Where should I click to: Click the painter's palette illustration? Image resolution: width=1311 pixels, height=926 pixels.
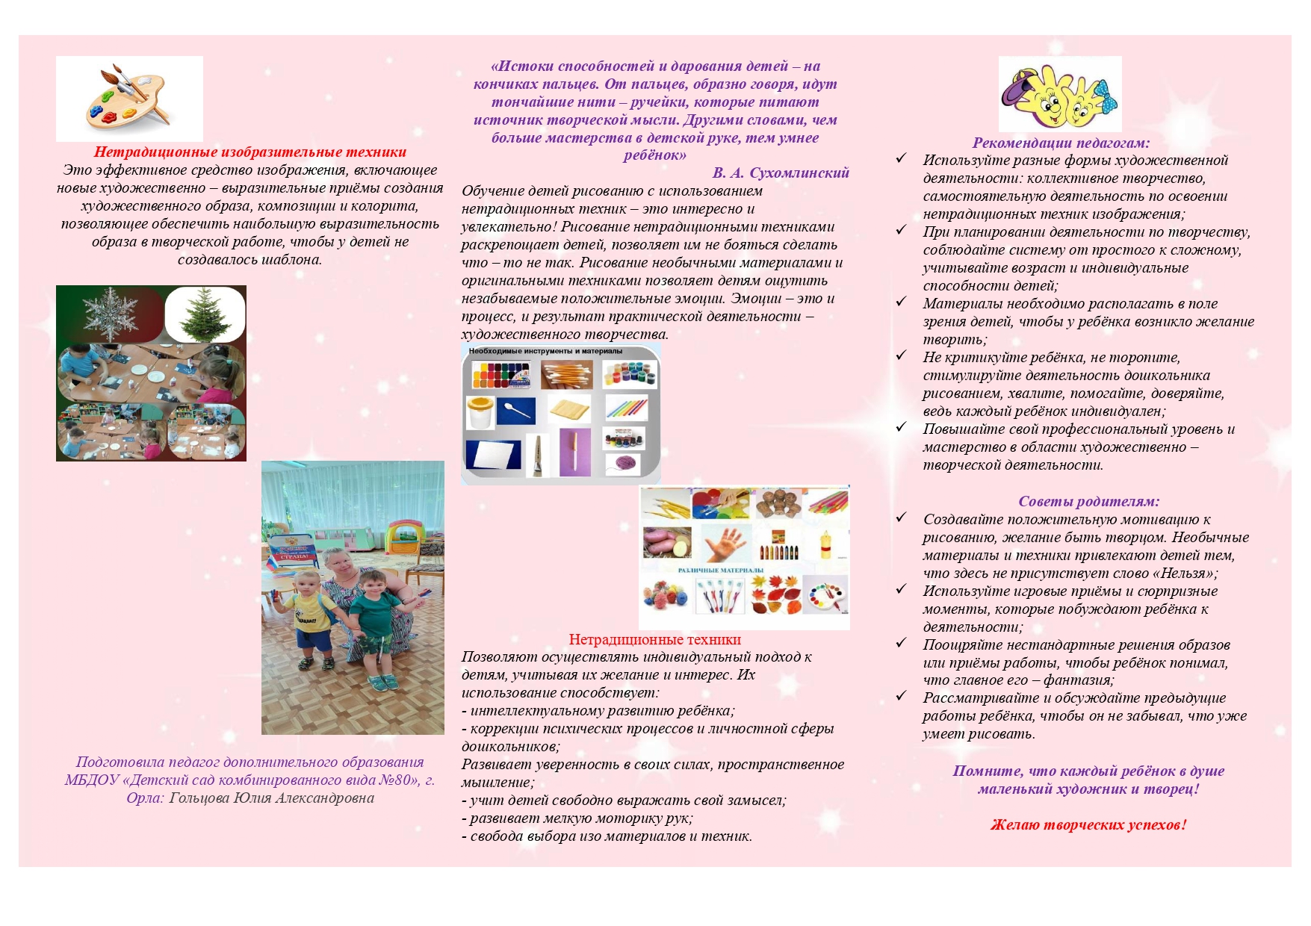128,98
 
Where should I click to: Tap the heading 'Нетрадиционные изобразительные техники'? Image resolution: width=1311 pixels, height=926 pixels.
250,152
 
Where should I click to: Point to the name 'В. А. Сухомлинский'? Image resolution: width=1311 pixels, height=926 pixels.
781,173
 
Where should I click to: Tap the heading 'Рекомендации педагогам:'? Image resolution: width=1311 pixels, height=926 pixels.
1061,143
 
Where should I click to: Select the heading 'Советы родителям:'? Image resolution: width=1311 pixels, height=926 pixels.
1088,502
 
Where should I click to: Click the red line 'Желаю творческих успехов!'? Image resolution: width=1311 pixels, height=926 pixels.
1088,825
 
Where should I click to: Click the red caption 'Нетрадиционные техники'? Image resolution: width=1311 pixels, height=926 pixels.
654,640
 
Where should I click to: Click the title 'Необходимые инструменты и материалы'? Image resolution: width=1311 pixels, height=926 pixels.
545,351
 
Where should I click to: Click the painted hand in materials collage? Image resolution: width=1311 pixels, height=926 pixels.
724,543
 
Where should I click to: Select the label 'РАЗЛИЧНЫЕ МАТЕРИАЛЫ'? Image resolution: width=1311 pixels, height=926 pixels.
721,571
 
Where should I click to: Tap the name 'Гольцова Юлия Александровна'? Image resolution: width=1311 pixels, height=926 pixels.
272,798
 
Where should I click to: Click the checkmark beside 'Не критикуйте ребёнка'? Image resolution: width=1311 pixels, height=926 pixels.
902,356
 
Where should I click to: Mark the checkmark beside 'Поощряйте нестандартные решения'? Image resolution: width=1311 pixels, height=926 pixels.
902,643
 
